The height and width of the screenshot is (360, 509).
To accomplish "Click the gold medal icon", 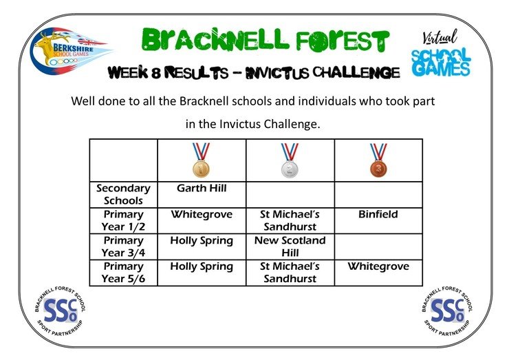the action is tap(201, 160).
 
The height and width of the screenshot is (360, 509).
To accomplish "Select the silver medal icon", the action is tap(290, 160).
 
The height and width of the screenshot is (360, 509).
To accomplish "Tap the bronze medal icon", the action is tap(378, 160).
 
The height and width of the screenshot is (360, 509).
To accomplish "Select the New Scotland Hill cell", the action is tap(290, 246).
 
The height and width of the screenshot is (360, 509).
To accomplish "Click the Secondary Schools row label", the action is tap(123, 194).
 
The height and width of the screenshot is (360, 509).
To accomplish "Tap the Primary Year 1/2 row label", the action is tap(123, 220).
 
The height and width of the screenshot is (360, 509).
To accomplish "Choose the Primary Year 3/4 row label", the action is tap(123, 246).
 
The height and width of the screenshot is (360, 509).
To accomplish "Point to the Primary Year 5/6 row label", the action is tap(123, 273).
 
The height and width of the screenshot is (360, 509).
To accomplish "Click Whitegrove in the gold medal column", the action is tap(202, 215).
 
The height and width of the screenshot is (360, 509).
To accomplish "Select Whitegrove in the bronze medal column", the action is tap(378, 266).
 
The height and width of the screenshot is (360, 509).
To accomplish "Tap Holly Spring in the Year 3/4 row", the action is tap(202, 241).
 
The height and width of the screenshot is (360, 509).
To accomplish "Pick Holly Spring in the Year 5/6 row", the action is tap(202, 267).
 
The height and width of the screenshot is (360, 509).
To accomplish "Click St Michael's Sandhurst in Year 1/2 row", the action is tap(290, 220).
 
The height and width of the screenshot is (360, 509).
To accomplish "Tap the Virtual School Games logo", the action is tap(441, 53).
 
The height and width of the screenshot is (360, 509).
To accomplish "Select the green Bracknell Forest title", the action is tap(266, 40).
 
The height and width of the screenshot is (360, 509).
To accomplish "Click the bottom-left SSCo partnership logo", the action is tap(60, 311).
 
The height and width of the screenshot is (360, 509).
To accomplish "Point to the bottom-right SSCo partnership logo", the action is tap(447, 311).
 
